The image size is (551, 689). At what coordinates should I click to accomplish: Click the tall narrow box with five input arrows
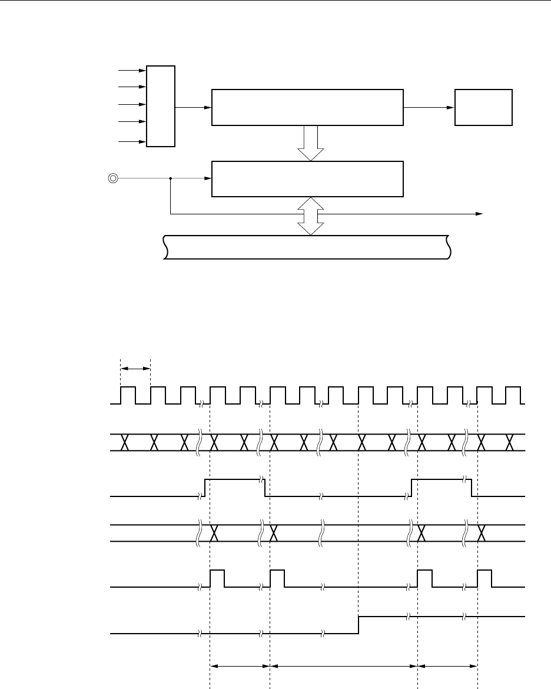[x=161, y=106]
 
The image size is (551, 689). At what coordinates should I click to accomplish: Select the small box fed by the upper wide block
[x=483, y=107]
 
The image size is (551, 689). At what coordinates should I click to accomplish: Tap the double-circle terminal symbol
[x=111, y=178]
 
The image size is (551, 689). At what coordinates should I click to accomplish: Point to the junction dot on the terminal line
[x=170, y=178]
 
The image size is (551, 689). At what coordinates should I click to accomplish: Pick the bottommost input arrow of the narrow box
[x=132, y=141]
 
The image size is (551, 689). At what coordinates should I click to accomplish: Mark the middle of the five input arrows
[x=132, y=105]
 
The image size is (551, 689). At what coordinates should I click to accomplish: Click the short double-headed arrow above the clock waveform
[x=135, y=369]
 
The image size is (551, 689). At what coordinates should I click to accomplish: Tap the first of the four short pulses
[x=217, y=578]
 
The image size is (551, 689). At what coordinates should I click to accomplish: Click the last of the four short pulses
[x=484, y=578]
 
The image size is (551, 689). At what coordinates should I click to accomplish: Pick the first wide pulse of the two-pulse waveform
[x=235, y=487]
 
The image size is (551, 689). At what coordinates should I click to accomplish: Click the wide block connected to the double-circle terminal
[x=307, y=178]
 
